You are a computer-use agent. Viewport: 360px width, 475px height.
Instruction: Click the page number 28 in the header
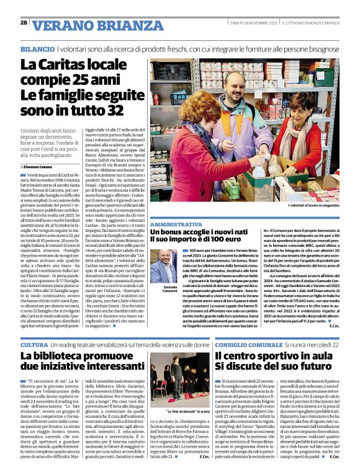(24, 22)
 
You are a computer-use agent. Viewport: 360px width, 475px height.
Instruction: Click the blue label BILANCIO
(37, 48)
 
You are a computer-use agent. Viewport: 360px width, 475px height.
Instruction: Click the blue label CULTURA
(34, 344)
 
